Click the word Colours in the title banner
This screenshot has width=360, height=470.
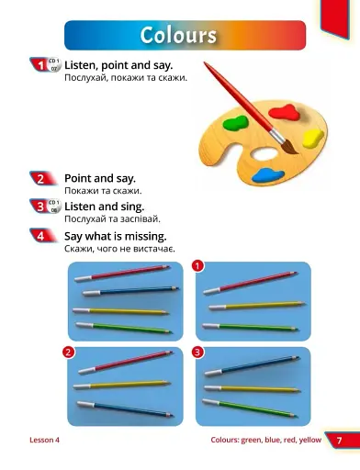178,35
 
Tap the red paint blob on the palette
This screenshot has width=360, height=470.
285,112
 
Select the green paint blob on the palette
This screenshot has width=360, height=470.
235,123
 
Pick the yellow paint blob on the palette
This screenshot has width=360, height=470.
312,138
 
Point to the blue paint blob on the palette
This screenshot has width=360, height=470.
267,175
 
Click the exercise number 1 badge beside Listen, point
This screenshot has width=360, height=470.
41,65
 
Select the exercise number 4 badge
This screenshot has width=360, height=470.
41,236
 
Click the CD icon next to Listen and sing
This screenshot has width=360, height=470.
54,207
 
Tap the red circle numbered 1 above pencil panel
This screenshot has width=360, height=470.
197,265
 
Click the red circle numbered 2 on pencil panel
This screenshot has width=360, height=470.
68,352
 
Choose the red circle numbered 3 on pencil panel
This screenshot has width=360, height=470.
197,352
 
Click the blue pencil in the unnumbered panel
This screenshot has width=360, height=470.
130,290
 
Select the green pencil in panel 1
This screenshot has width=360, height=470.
250,327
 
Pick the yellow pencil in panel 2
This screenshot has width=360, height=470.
122,385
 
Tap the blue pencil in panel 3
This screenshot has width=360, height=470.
252,365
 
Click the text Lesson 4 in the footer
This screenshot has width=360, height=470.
45,440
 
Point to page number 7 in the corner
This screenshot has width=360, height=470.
339,441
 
